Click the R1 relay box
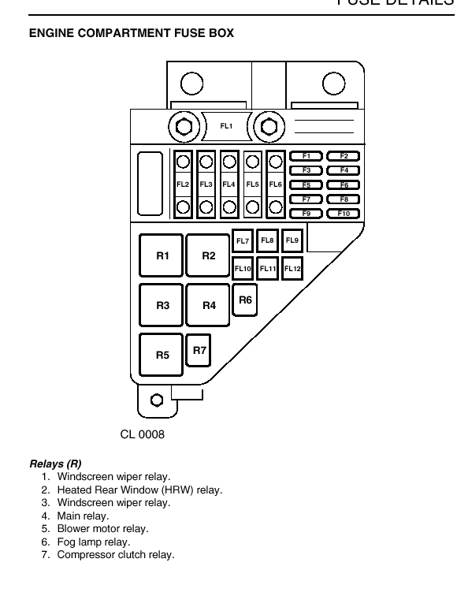162,255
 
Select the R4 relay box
208,305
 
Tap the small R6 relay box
245,300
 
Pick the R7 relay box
199,350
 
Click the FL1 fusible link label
226,126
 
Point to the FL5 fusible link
252,184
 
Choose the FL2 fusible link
183,184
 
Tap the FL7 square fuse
242,241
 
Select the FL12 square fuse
292,269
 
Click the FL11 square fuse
268,269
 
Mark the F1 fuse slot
306,156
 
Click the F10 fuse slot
344,214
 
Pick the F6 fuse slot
344,185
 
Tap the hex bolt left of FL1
184,127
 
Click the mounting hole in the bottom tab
157,400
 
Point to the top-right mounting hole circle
334,84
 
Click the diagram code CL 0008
143,434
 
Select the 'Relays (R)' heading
55,464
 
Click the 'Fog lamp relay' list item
94,542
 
